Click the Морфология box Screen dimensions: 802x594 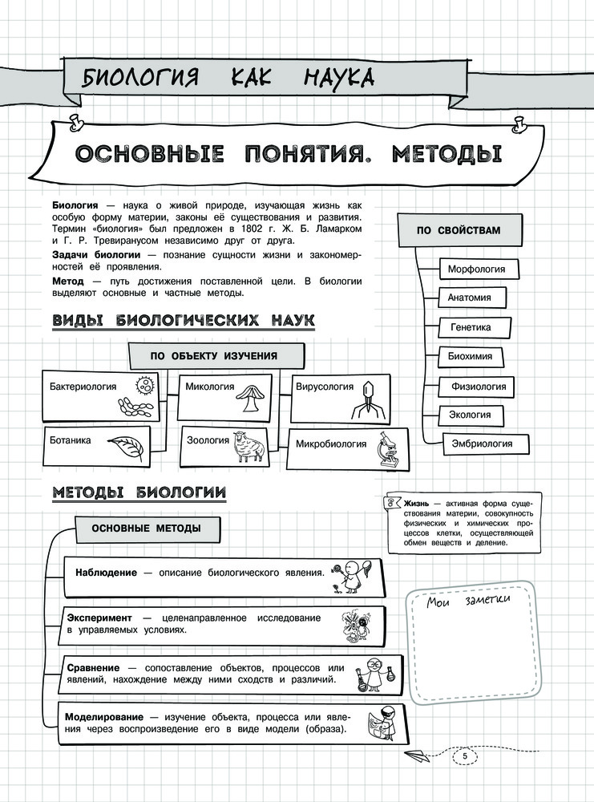[x=476, y=269]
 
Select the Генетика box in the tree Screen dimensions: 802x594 [x=471, y=327]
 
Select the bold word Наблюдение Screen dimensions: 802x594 [x=104, y=573]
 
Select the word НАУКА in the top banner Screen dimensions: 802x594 [x=339, y=78]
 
